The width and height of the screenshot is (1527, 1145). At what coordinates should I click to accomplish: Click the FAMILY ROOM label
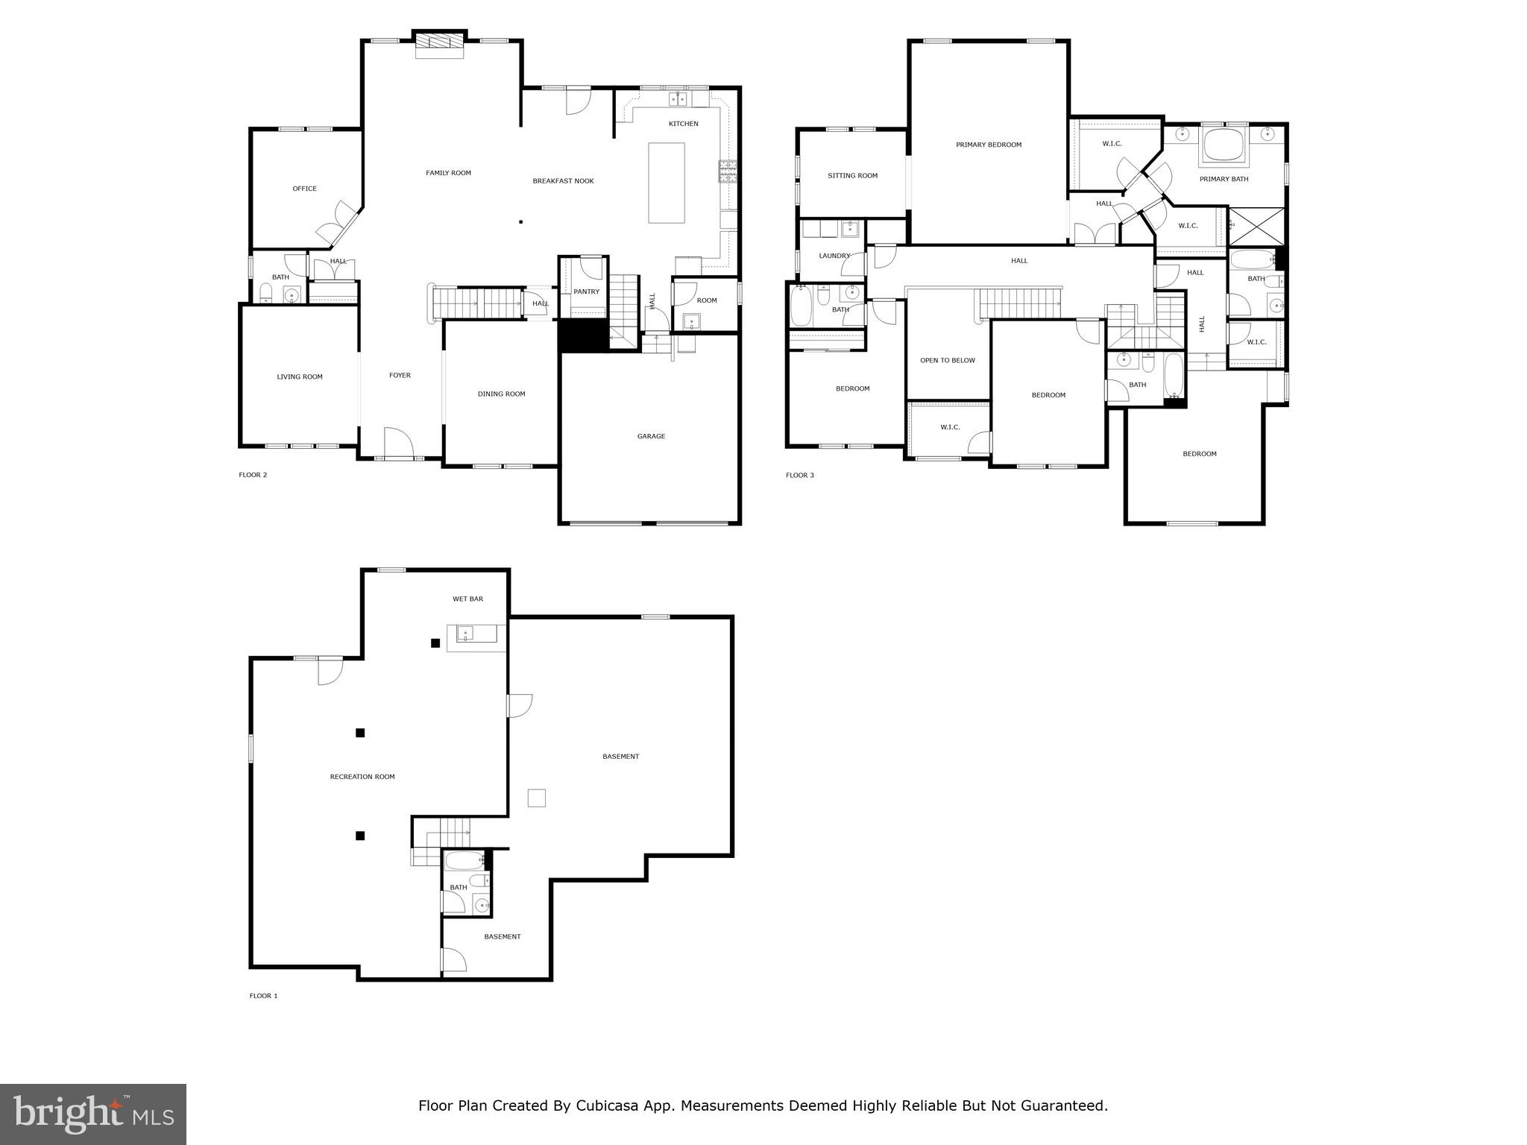click(448, 173)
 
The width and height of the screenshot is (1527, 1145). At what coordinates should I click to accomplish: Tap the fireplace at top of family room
click(440, 45)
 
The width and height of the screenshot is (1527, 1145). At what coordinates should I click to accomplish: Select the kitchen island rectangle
click(666, 183)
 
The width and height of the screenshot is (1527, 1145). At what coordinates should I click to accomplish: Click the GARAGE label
click(651, 436)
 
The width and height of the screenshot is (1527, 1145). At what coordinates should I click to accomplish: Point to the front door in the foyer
click(398, 443)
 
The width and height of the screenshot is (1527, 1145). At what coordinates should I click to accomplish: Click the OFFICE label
click(304, 189)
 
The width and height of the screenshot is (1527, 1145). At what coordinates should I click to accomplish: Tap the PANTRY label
click(586, 291)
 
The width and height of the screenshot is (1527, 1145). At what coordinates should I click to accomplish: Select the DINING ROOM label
click(501, 394)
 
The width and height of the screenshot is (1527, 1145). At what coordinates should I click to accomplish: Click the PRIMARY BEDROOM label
click(988, 145)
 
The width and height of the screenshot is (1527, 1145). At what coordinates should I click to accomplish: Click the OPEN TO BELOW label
click(947, 360)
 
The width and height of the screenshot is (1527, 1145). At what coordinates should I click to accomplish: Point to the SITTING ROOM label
click(852, 176)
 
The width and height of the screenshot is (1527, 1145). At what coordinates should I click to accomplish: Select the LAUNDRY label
click(834, 256)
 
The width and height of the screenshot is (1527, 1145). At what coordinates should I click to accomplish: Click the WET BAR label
click(467, 599)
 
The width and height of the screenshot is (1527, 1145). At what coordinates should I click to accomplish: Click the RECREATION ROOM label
click(362, 777)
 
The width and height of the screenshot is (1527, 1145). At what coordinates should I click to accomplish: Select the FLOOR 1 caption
click(263, 995)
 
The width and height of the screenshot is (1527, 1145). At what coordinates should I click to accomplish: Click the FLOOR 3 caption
click(799, 475)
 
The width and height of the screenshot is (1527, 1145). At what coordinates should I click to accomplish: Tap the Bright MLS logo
click(93, 1114)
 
